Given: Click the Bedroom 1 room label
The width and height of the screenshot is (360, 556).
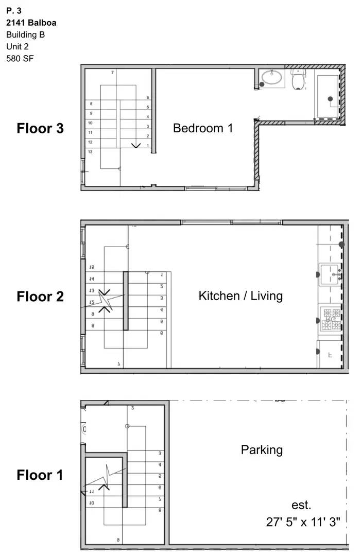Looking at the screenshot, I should click(203, 128).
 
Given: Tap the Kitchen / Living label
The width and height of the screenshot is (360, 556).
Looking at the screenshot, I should click(241, 296).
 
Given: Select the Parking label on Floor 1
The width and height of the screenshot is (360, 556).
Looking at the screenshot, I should click(262, 450).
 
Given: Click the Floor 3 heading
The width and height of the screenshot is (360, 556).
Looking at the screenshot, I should click(40, 128).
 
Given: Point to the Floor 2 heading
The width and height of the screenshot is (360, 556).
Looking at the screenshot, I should click(40, 297).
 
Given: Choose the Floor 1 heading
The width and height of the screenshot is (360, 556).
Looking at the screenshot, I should click(40, 475).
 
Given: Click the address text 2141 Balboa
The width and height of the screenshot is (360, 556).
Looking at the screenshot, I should click(31, 23).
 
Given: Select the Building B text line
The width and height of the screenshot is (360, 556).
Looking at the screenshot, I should click(25, 34).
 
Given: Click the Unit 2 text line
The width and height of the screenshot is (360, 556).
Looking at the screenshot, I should click(18, 46).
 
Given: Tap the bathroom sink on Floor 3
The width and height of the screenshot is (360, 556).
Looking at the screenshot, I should click(271, 78).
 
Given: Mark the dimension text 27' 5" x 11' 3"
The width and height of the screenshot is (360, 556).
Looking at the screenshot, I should click(303, 522).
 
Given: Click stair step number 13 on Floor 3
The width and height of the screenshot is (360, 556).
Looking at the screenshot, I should click(90, 151).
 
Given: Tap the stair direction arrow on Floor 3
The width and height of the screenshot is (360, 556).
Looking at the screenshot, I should click(136, 145).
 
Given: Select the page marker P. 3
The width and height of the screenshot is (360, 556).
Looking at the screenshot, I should click(14, 10).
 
